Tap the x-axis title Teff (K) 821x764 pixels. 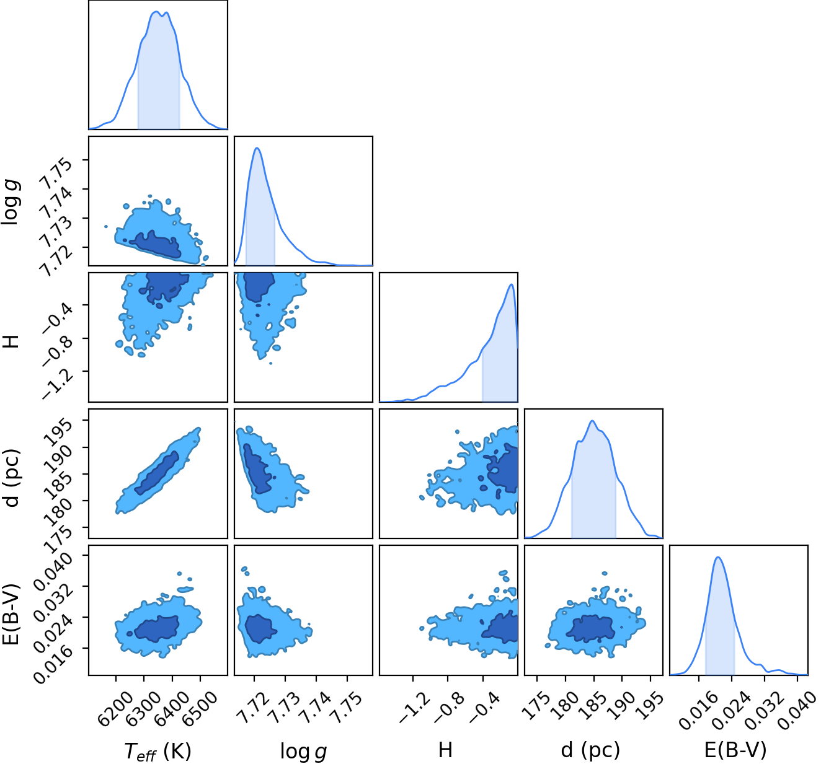pos(158,750)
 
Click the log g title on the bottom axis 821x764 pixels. pos(303,751)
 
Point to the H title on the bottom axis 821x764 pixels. pos(445,750)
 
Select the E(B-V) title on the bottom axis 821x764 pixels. pos(735,750)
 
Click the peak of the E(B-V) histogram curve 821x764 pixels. pos(719,558)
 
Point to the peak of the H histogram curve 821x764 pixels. pos(512,284)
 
